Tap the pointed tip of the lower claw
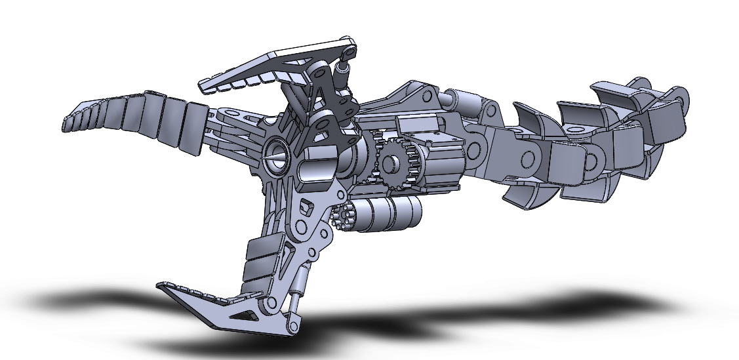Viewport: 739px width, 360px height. click(161, 287)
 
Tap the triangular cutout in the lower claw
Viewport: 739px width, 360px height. click(248, 315)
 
